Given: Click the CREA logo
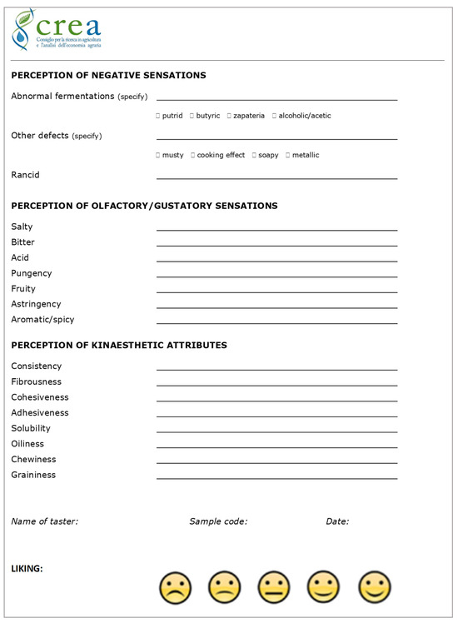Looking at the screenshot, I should [x=57, y=30].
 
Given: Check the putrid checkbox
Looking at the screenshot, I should [x=158, y=116].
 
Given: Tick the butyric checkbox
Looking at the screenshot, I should [x=192, y=116].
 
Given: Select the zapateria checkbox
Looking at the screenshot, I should [x=229, y=116].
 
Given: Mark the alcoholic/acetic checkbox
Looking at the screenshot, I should [x=274, y=116].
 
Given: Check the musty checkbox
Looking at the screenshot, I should [x=158, y=155].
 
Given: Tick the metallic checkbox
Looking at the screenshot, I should [x=288, y=155].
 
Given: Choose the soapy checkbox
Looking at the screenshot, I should [x=255, y=155].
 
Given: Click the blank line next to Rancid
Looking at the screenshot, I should [x=276, y=177].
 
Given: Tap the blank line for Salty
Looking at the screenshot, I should [x=276, y=229].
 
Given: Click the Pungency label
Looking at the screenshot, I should [x=32, y=273].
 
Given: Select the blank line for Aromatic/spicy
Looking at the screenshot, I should [x=276, y=322].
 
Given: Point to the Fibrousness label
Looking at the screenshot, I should [x=37, y=381].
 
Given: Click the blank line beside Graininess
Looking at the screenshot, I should [x=276, y=478].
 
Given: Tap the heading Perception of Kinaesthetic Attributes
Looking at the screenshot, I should [x=119, y=345].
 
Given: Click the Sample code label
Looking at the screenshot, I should [x=218, y=521].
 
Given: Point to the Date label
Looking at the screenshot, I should [x=337, y=521].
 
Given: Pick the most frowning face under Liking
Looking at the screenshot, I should [x=175, y=587].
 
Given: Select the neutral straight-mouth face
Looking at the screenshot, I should [x=274, y=587].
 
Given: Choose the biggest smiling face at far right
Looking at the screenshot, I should [x=375, y=587].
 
